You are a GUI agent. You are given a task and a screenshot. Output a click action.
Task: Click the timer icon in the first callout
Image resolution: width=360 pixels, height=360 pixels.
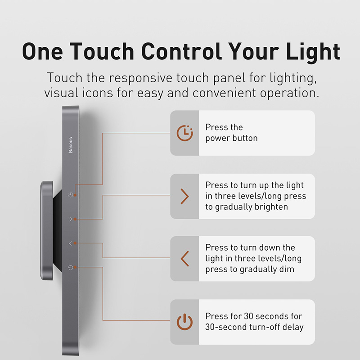tap(184, 133)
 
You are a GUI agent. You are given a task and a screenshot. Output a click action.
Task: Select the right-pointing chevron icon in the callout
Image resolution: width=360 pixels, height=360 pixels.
tap(184, 196)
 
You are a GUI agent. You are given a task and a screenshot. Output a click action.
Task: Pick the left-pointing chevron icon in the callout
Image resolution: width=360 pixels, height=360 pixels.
tap(184, 259)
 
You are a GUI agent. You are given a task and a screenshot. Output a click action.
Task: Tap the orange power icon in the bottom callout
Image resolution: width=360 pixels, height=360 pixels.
tap(184, 322)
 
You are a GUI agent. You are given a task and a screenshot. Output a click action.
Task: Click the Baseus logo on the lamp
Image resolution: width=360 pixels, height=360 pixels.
tap(71, 145)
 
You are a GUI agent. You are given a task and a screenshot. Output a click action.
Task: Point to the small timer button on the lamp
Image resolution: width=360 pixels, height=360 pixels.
tap(70, 195)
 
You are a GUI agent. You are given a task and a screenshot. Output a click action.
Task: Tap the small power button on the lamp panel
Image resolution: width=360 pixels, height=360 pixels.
tap(70, 268)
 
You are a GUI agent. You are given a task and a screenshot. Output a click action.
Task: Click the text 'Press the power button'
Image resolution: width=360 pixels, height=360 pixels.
tap(231, 133)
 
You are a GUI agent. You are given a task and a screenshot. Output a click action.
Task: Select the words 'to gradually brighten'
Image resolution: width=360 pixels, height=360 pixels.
tap(247, 207)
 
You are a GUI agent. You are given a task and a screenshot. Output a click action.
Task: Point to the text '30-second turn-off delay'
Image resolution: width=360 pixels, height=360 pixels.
tap(254, 327)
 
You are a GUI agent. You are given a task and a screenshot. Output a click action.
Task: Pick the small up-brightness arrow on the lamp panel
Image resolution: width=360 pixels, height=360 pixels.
tap(70, 219)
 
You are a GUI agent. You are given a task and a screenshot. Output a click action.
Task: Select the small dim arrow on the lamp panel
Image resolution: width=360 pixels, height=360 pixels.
tap(70, 243)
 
